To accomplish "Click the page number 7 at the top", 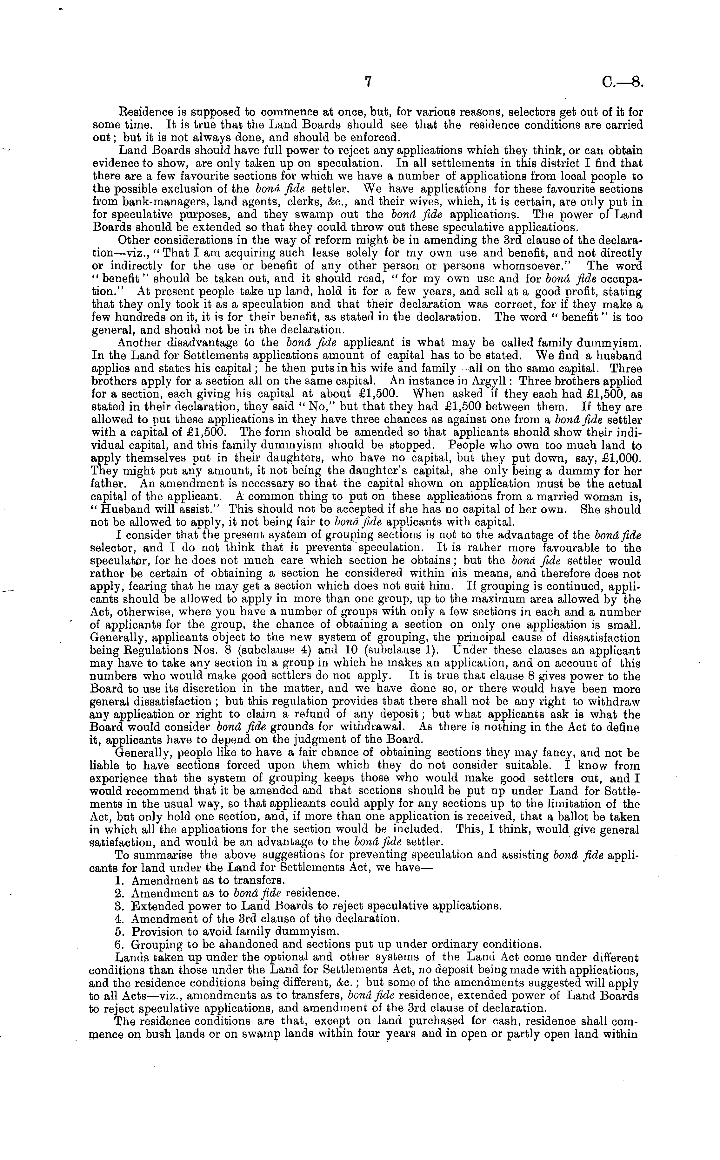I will (x=367, y=82).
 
